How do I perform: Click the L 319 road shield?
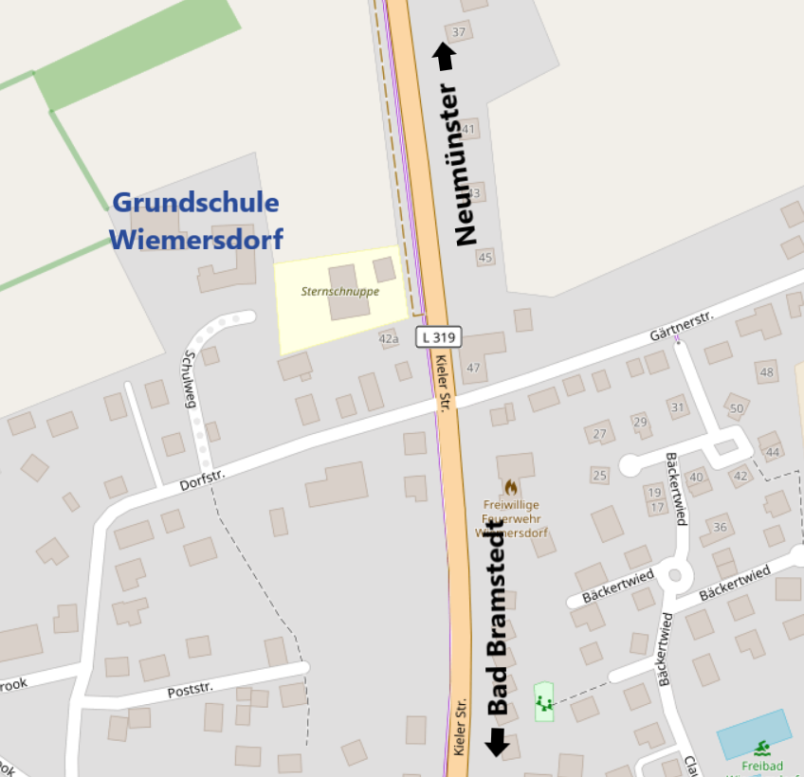point(438,336)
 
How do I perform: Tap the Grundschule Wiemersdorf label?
point(196,221)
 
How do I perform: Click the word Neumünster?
point(467,166)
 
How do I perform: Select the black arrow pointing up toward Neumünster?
point(444,56)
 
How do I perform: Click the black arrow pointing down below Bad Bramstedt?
point(497,742)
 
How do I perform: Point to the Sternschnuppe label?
point(340,291)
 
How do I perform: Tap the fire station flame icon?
point(511,487)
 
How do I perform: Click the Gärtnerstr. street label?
point(681,325)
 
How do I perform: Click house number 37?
point(460,32)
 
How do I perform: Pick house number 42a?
point(389,338)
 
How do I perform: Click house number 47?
point(474,367)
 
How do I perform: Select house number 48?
point(766,371)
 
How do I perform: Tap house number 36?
point(721,528)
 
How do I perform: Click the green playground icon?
point(543,702)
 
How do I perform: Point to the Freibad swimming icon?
point(763,749)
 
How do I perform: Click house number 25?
point(599,475)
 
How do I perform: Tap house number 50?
point(737,408)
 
